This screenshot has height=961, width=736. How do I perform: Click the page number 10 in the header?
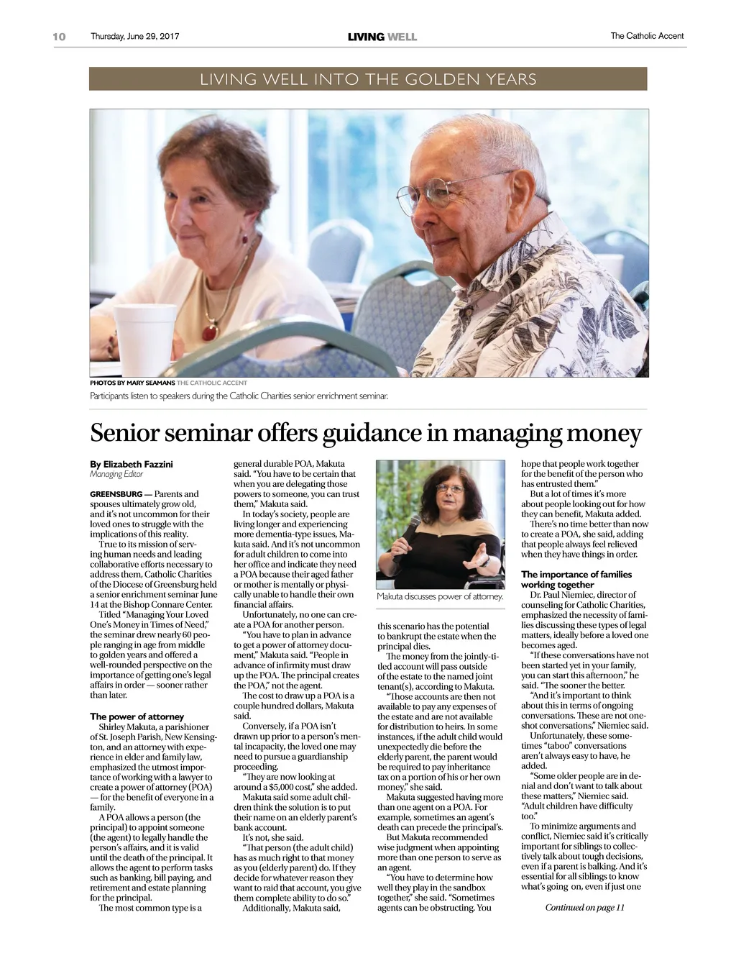point(59,37)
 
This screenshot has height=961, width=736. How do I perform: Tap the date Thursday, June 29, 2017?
point(135,37)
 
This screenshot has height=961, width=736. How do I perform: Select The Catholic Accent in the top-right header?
point(647,36)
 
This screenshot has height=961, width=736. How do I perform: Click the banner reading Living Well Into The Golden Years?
point(368,79)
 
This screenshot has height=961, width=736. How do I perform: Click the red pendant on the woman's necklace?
point(209,332)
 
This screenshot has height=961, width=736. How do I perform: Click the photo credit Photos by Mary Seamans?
point(132,383)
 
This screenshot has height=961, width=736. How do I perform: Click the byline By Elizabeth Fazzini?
point(132,464)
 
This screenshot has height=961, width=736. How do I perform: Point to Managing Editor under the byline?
point(116,474)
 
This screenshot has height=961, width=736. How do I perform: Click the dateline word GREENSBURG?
point(116,494)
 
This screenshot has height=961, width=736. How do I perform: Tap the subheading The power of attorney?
point(137,716)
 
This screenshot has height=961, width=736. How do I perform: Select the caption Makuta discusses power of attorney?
point(440,596)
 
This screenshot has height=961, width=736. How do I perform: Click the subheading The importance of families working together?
point(576,579)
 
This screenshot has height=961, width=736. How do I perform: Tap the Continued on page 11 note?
point(584,907)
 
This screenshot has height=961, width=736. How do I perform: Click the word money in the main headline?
point(604,434)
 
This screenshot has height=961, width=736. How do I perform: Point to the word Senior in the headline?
point(124,434)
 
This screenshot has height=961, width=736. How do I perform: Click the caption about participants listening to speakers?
point(239,396)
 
